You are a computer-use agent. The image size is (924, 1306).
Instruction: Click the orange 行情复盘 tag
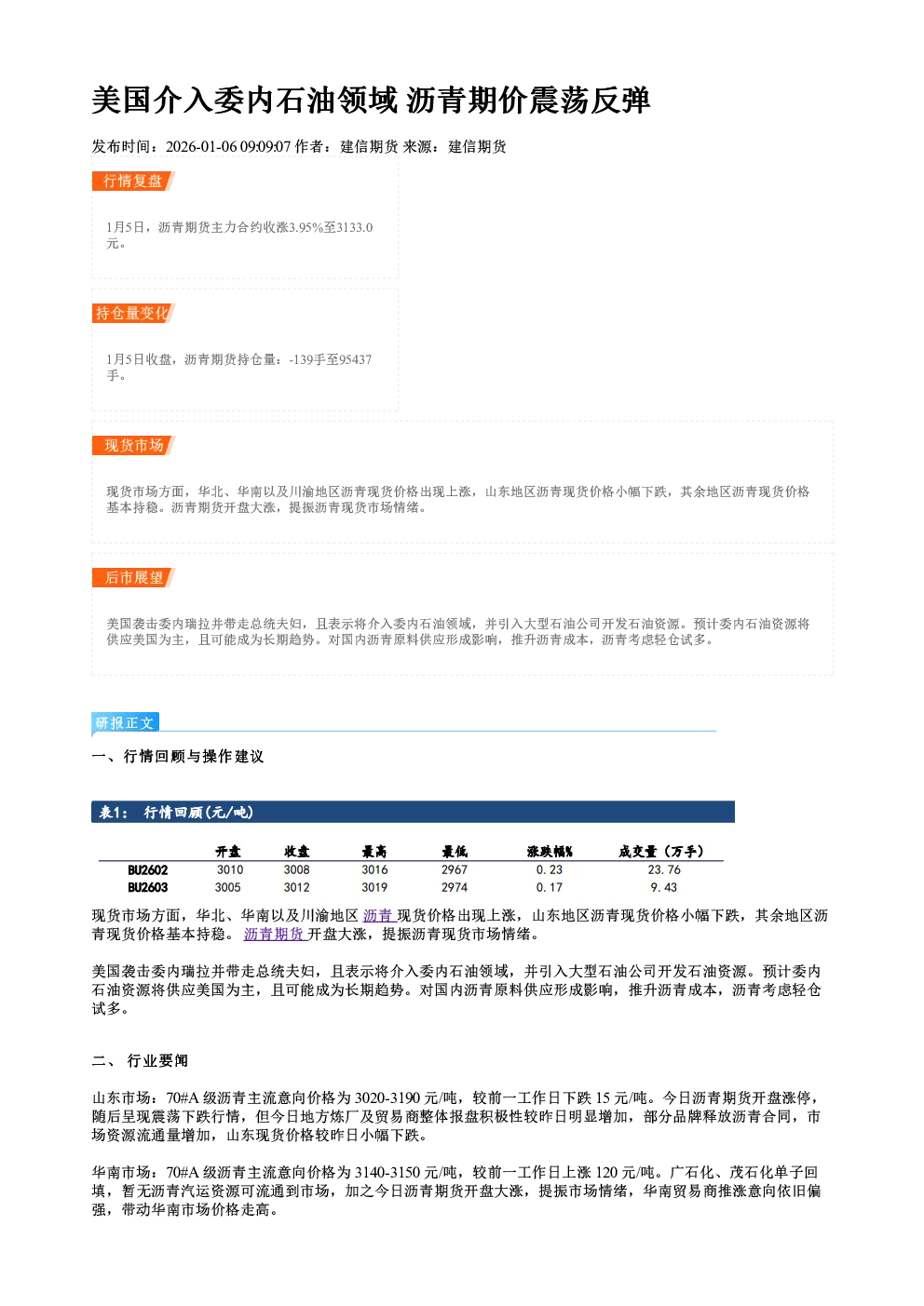133,181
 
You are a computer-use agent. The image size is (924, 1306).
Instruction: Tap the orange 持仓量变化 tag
133,313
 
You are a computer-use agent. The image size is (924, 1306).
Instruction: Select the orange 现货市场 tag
133,446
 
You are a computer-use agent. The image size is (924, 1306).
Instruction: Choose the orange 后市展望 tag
133,578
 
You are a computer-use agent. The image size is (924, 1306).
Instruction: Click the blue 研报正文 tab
125,723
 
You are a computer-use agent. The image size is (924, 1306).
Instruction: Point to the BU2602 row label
147,870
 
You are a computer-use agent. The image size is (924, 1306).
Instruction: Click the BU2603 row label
147,888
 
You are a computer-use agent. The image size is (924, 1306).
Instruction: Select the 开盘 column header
228,852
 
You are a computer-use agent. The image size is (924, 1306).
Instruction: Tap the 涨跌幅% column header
550,852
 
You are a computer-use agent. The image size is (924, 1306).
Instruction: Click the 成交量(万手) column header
661,852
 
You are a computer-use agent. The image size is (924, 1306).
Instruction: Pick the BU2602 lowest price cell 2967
455,869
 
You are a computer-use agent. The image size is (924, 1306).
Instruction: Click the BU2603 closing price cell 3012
296,887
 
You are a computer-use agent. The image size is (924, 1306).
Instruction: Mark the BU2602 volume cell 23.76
664,869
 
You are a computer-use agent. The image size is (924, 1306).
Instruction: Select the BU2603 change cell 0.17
550,887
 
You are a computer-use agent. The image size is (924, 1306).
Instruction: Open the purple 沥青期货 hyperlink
274,934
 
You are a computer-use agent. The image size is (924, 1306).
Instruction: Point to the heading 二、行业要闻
140,1060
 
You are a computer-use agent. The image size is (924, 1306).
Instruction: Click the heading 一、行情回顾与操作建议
178,756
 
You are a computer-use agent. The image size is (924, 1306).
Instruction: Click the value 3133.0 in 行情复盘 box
355,227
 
